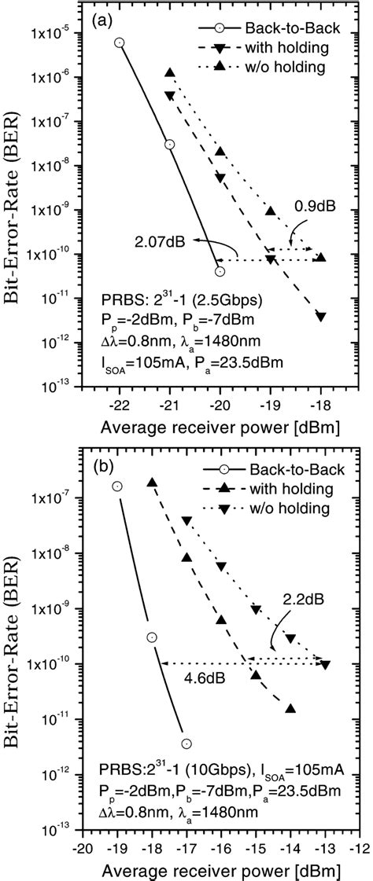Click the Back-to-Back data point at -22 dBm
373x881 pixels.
click(119, 42)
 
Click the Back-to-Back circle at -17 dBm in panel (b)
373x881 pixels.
click(186, 743)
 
